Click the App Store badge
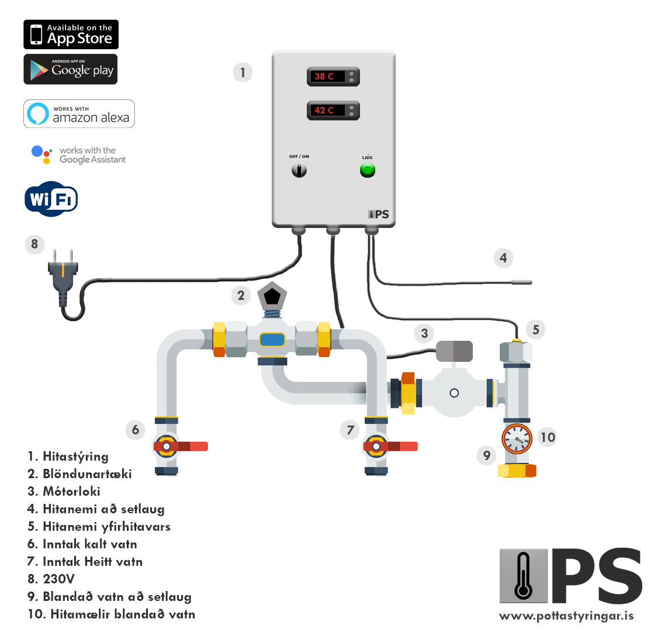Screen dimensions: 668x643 pos(71,34)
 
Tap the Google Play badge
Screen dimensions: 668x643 pos(70,69)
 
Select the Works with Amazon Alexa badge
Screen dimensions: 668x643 pos(79,114)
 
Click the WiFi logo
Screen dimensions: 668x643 pos(51,199)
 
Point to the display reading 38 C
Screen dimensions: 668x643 pos(333,77)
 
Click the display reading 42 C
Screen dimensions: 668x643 pos(333,111)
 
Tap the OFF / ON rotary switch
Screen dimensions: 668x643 pos(299,171)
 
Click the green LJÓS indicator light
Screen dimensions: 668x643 pos(367,171)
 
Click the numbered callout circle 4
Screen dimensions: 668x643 pos(503,258)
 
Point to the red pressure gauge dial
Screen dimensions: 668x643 pos(517,439)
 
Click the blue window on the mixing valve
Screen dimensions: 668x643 pos(272,340)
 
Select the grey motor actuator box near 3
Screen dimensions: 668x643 pos(454,351)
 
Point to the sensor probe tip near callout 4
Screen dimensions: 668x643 pos(522,282)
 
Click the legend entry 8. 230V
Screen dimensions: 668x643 pos(51,579)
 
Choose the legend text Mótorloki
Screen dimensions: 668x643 pos(71,491)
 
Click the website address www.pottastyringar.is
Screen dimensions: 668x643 pos(566,616)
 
